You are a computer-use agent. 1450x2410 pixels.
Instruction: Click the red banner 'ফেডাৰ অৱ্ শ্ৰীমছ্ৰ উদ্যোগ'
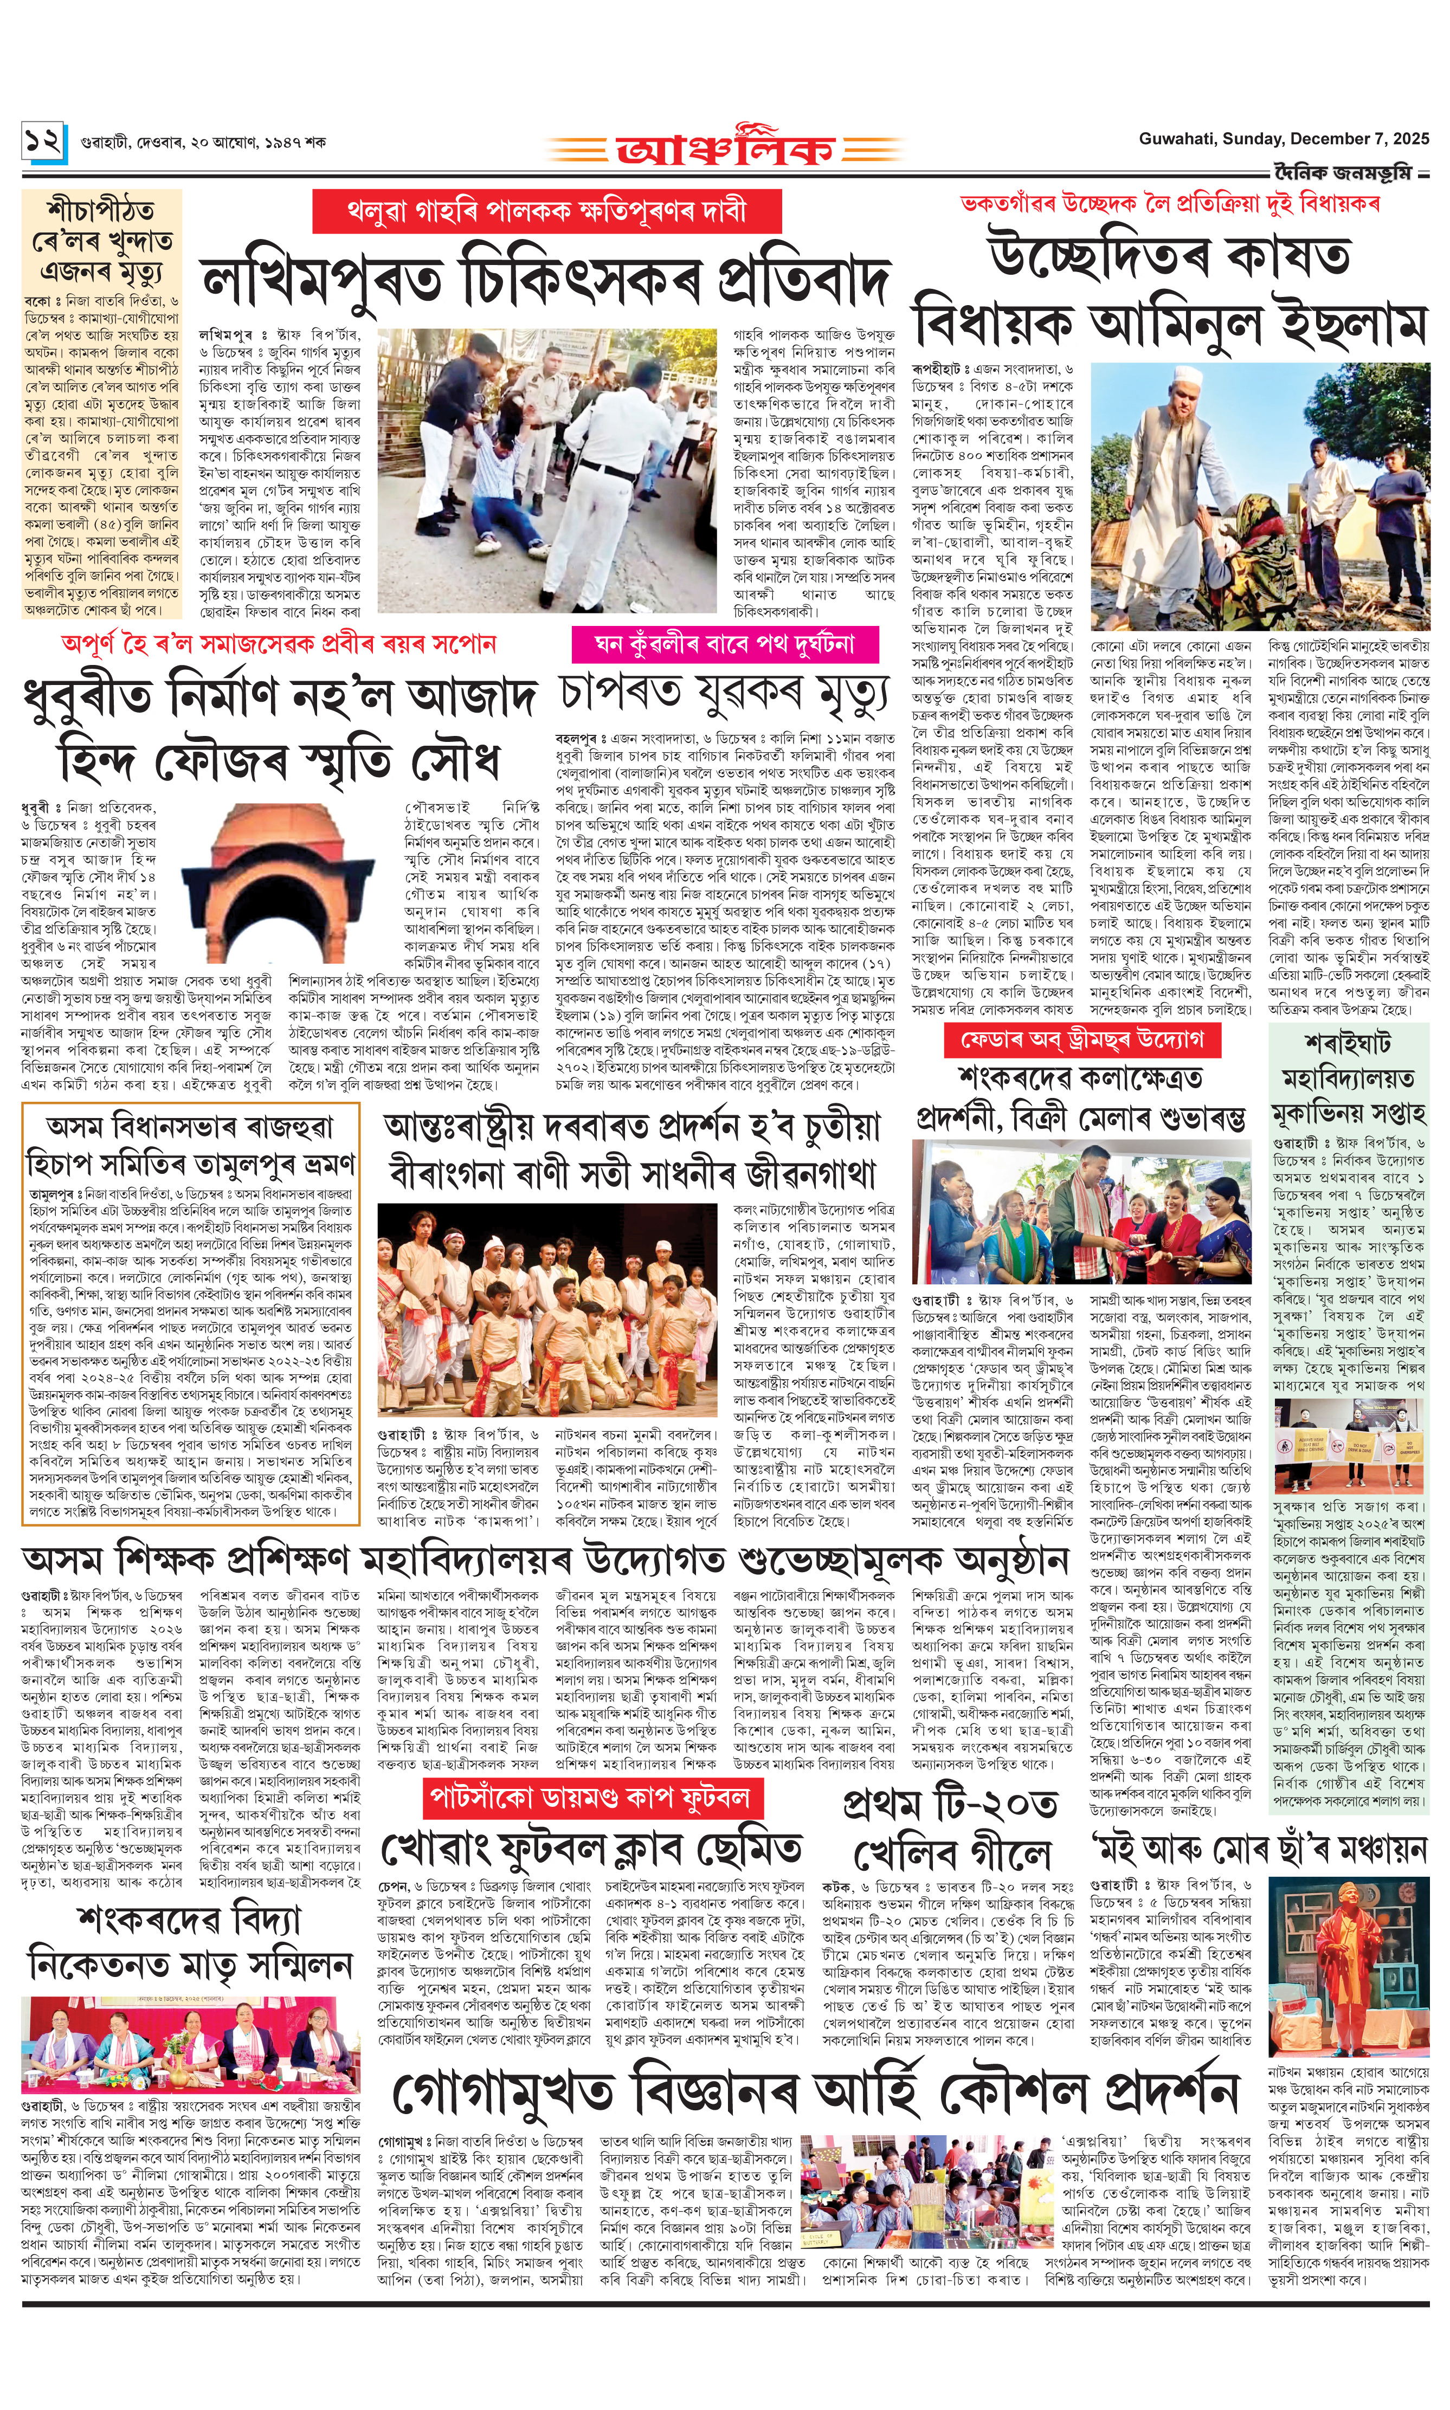(x=1081, y=1039)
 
